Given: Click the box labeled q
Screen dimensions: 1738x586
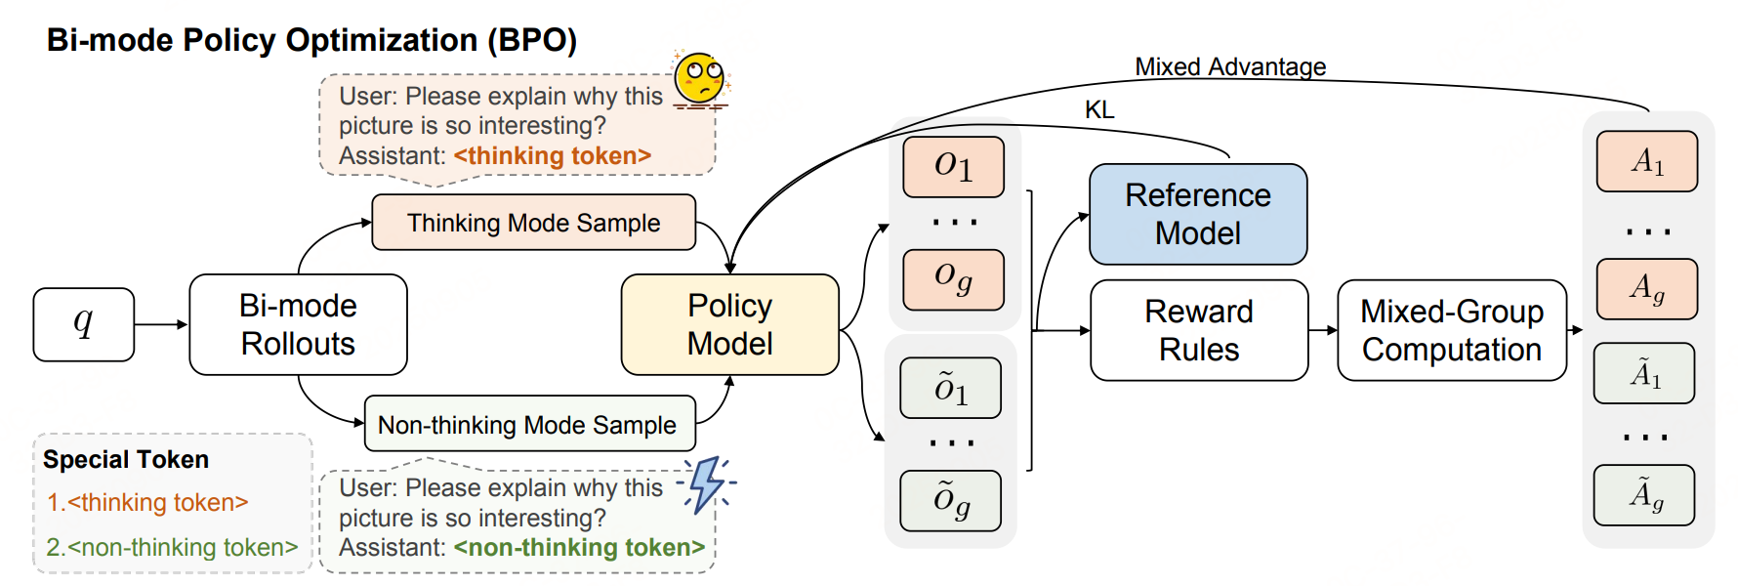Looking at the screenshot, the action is coord(84,324).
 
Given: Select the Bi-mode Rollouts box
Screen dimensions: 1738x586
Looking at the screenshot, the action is coord(298,324).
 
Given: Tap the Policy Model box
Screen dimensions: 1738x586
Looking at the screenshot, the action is coord(730,324).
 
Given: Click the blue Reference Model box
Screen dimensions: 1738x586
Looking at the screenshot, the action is coord(1198,214).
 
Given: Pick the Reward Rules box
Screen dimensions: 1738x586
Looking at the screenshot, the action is coord(1199,330).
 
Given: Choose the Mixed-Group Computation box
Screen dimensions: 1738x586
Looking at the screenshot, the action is coord(1452,330).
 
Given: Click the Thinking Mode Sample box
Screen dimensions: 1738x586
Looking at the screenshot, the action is coord(534,223).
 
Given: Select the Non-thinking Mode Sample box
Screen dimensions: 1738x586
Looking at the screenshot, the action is coord(530,424).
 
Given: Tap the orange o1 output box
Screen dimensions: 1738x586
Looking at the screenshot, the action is coord(954,167).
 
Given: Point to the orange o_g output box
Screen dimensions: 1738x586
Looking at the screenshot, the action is coord(954,279).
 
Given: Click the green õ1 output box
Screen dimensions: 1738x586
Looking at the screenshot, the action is coord(951,388).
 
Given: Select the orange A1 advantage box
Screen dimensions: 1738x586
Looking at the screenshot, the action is coord(1647,161).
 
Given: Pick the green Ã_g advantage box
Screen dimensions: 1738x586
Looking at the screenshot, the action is coord(1644,495).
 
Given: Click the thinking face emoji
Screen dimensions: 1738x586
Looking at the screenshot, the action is coord(702,78).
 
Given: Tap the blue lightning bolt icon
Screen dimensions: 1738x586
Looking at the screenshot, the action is coord(706,483).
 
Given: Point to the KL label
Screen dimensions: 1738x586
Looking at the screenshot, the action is coord(1099,109).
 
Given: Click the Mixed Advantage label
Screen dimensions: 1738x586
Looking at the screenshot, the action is coord(1230,66).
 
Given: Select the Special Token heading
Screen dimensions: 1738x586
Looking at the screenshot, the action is coord(126,459).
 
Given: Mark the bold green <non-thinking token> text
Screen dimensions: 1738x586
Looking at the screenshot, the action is coord(579,547).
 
